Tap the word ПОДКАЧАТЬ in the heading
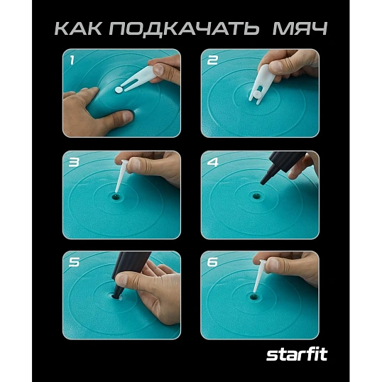tap(185, 30)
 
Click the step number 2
tap(211, 60)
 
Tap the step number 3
tap(72, 162)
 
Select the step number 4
tap(211, 162)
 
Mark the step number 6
tap(211, 262)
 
